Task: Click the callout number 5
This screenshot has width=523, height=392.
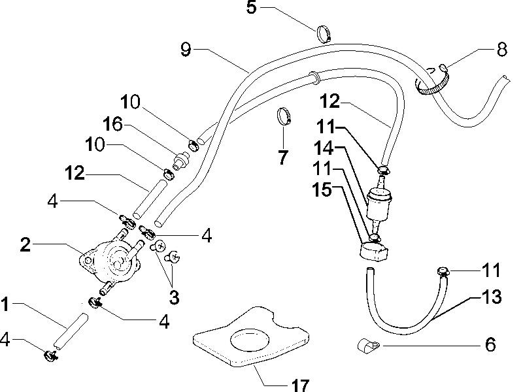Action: click(252, 8)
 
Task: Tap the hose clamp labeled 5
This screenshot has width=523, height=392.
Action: click(324, 34)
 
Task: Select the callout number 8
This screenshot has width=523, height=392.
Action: click(501, 50)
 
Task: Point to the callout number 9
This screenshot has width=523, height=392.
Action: click(186, 50)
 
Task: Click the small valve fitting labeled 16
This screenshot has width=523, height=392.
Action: click(182, 159)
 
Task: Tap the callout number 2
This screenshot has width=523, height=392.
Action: click(25, 244)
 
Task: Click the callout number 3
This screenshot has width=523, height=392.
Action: click(174, 297)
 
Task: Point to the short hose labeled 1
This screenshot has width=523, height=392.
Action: click(71, 331)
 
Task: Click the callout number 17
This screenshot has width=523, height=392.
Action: click(300, 385)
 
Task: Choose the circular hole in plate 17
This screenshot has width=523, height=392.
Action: click(250, 340)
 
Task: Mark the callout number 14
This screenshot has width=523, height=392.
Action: click(324, 148)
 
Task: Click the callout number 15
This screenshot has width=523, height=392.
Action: click(322, 189)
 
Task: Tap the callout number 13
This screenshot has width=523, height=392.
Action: click(491, 297)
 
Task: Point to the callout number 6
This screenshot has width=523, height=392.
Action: click(490, 344)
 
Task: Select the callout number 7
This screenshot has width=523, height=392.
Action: click(283, 157)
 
